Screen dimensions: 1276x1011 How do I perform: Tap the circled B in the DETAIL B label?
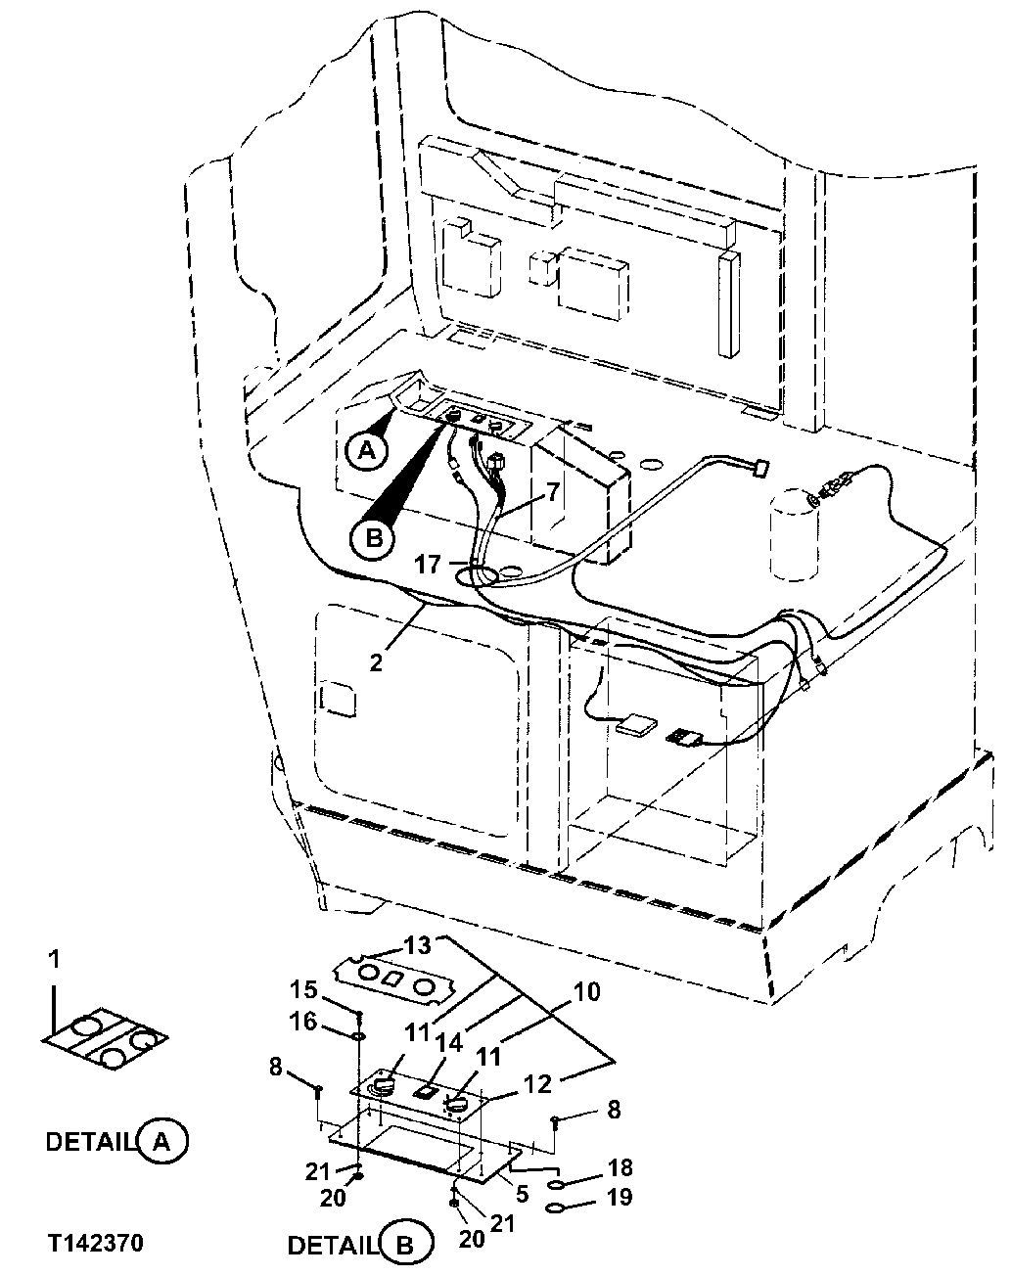coord(404,1246)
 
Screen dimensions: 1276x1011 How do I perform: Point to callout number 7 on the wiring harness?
coord(553,491)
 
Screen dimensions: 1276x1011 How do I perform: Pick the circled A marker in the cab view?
coord(365,450)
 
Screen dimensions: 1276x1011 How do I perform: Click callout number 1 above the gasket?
coord(55,960)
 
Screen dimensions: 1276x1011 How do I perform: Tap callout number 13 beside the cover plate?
coord(417,945)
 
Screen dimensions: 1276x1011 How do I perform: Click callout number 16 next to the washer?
coord(304,1021)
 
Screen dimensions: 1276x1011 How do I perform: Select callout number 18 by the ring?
coord(620,1167)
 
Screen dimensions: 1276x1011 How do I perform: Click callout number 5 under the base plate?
coord(523,1192)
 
